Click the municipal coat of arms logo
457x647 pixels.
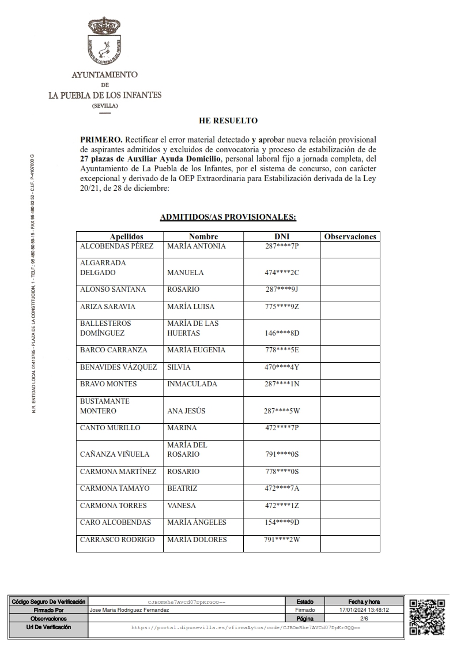pos(104,41)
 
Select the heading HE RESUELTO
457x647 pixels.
pos(228,121)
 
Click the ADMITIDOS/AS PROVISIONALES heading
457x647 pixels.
pos(228,217)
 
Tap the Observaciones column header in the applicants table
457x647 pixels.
pos(350,236)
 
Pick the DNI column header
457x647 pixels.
pos(281,236)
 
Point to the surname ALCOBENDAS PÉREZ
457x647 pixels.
pos(116,246)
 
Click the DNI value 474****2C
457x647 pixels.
pos(281,273)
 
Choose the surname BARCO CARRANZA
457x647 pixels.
pos(114,350)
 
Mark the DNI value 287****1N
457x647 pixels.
pos(281,384)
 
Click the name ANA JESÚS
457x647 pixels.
pos(186,411)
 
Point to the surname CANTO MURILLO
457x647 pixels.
pos(110,428)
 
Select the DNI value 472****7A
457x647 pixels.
pos(281,488)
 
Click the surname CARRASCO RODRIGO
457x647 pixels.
pos(117,540)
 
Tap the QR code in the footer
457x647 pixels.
pos(427,616)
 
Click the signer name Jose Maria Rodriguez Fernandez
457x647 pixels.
pos(130,610)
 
